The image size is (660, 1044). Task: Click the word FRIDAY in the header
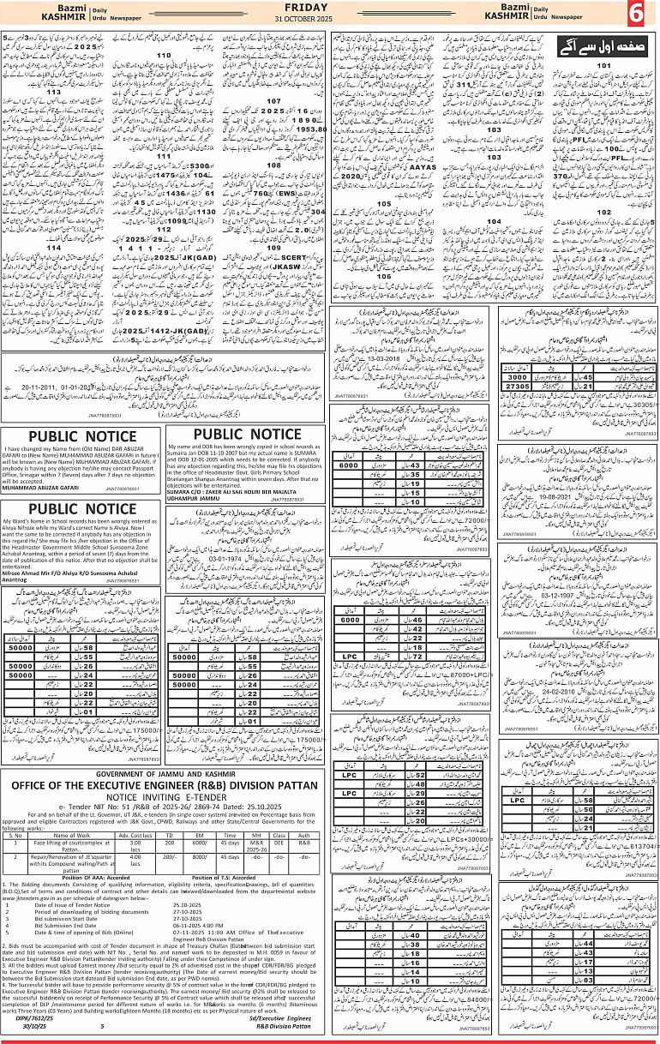tap(330, 7)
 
